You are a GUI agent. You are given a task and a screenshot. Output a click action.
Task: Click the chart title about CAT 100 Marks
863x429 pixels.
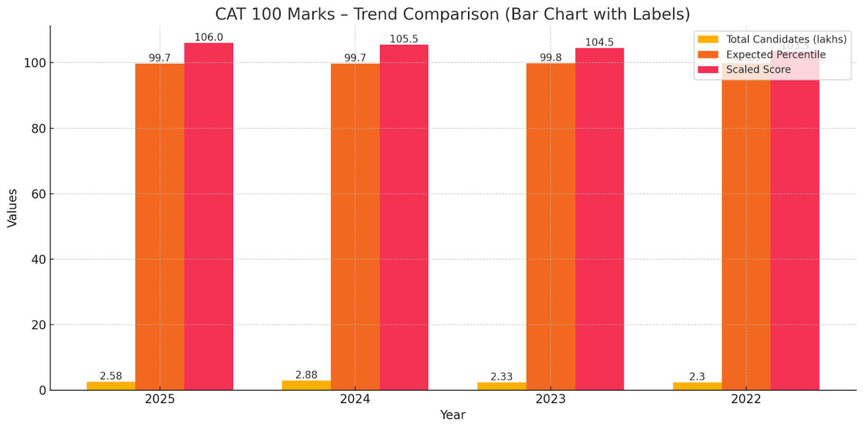tap(452, 14)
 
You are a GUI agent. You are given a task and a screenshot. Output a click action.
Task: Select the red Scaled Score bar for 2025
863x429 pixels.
tap(209, 216)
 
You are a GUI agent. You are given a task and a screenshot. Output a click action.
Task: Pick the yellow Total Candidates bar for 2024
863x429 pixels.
tap(306, 385)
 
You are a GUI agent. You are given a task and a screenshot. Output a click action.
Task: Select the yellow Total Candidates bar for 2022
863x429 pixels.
tap(697, 386)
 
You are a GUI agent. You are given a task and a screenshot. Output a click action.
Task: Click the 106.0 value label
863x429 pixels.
tap(209, 37)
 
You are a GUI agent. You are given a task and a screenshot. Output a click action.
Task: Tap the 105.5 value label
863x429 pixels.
tap(404, 39)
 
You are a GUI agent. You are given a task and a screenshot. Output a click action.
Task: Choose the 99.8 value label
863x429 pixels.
tap(550, 58)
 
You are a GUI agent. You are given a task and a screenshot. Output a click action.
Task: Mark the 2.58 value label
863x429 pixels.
tap(111, 376)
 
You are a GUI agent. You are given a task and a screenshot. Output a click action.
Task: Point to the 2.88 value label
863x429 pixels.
tap(306, 375)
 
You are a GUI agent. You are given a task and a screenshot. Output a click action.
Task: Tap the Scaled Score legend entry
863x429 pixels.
tap(758, 70)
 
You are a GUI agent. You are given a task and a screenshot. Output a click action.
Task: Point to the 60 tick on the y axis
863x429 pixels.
tap(37, 194)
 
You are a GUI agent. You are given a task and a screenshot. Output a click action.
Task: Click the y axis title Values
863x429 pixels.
tap(12, 208)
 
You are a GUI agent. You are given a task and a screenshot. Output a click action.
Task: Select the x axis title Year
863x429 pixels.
tap(452, 415)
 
